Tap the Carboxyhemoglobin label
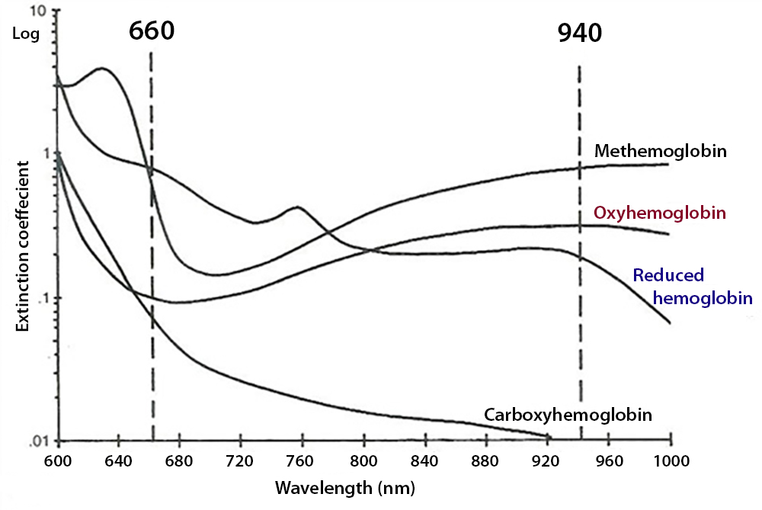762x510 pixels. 568,415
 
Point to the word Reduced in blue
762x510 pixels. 668,275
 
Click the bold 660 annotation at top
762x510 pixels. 152,31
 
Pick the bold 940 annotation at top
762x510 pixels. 579,34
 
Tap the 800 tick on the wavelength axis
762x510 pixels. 363,461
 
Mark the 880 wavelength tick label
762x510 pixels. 486,461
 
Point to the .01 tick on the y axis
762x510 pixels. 38,441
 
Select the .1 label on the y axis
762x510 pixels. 42,297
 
